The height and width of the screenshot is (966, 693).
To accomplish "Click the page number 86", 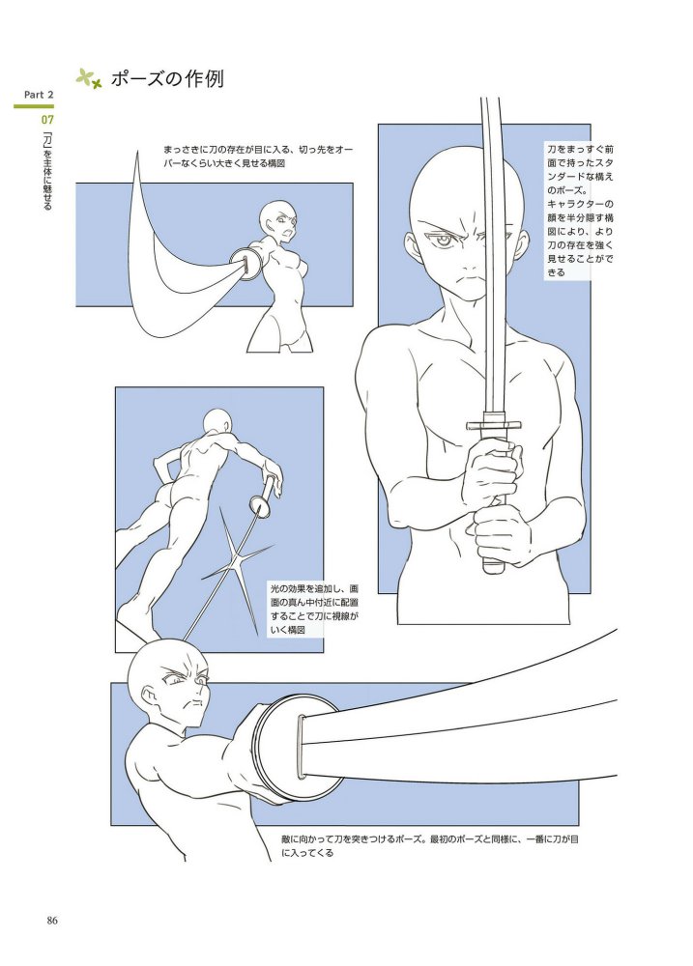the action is (52, 921).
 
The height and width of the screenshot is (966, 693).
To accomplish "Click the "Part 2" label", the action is (39, 95).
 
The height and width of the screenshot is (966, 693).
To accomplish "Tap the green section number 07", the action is (47, 119).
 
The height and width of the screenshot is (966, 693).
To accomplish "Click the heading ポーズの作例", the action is (167, 79).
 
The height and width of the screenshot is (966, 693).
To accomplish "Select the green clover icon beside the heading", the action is (88, 78).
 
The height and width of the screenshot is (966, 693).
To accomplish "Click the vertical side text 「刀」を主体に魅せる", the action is (47, 170).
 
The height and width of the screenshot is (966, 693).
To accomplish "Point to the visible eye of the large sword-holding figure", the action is (444, 240).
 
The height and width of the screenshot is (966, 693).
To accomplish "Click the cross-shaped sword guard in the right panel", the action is (493, 425).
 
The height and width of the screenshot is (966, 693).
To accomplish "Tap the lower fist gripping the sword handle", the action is (502, 533).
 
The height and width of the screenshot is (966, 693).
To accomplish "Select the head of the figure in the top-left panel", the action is (276, 219).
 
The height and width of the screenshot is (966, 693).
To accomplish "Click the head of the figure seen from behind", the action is (217, 424).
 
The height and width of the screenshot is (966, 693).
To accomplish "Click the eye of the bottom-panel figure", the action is (175, 683).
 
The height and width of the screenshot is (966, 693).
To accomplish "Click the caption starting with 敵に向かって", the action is (429, 846).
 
